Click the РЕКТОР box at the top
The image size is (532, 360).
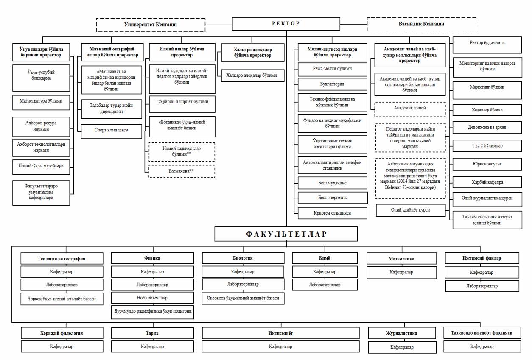point(286,24)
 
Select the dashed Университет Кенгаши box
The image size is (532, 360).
point(151,25)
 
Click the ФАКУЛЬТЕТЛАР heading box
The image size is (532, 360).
point(286,234)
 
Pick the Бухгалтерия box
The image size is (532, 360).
point(332,84)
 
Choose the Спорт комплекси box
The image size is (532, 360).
point(112,131)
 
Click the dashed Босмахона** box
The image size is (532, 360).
point(182,171)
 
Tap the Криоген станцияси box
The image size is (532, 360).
point(332,213)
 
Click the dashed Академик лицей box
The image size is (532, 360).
point(409,109)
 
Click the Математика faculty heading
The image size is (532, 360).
point(401,259)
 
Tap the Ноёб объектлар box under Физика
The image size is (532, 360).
point(152,298)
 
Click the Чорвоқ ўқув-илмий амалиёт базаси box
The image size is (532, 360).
point(62,299)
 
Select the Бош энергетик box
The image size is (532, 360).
point(332,198)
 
